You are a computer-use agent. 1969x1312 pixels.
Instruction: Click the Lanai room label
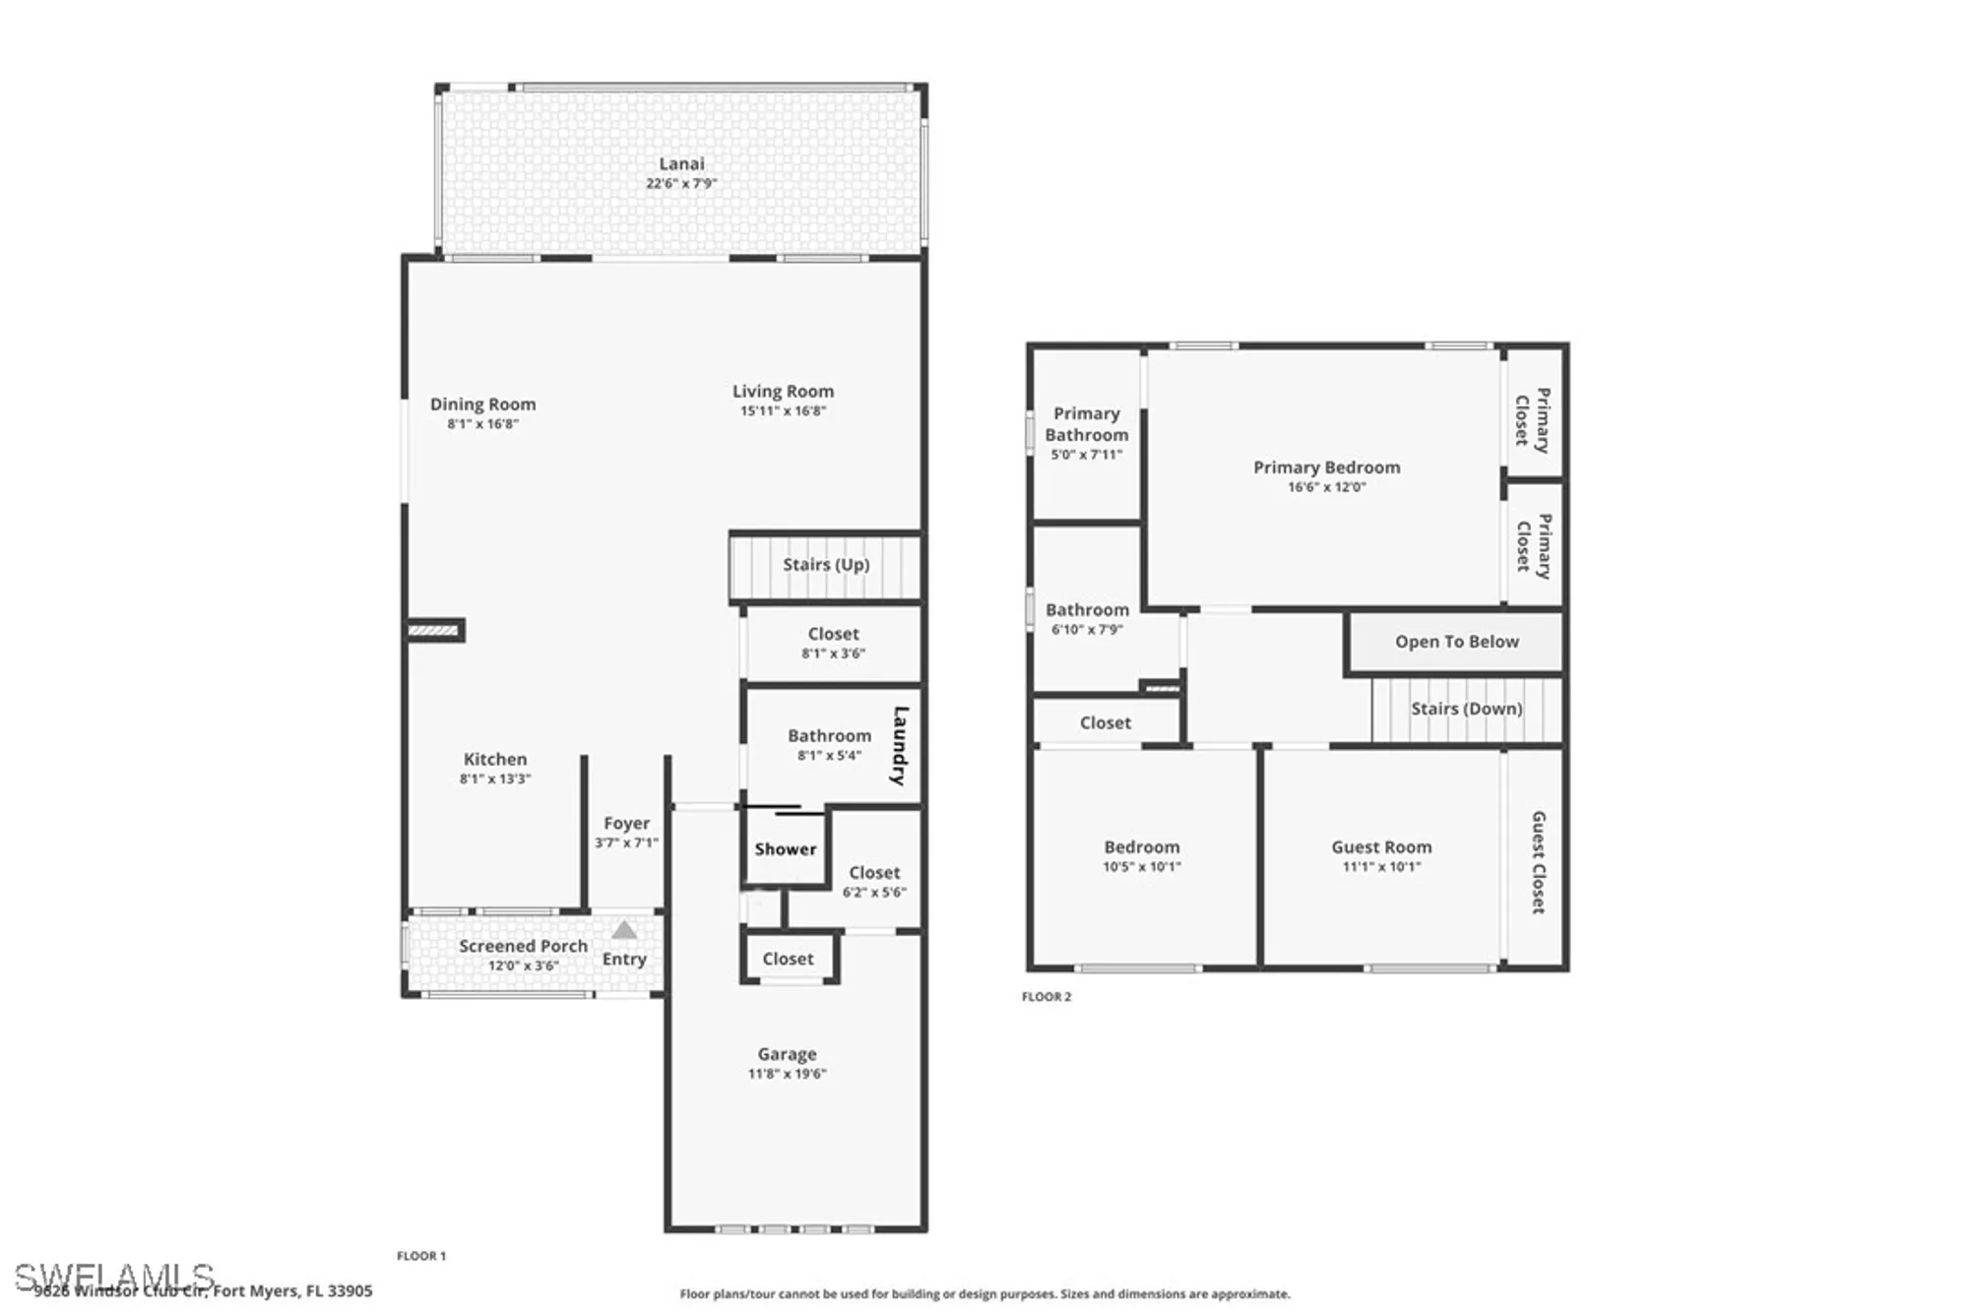681,164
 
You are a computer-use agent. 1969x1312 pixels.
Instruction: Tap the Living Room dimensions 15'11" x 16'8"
783,411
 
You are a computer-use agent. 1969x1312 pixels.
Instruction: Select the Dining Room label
482,405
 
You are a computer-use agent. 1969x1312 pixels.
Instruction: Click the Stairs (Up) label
826,565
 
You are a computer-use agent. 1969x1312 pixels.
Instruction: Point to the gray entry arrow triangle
624,930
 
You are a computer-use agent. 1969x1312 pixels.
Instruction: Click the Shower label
786,849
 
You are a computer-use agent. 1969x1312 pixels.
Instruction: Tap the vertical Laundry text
899,745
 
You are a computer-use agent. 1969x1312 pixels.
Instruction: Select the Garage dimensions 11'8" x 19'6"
787,1074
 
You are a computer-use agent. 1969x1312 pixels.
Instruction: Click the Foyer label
626,824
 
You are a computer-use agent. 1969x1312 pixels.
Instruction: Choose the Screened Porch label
523,946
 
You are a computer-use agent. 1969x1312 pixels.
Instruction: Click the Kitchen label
495,760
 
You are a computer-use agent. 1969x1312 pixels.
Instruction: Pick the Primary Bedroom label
1326,468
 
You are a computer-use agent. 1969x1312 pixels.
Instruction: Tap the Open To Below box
1456,642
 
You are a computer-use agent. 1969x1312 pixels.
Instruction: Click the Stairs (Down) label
1466,709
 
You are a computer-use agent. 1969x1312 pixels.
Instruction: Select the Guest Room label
1381,847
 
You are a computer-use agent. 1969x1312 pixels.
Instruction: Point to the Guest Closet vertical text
1538,862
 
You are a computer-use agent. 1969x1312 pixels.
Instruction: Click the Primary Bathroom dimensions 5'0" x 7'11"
1086,455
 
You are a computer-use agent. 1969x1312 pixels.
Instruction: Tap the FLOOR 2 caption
1047,997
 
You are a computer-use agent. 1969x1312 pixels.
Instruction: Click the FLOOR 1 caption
421,1256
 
